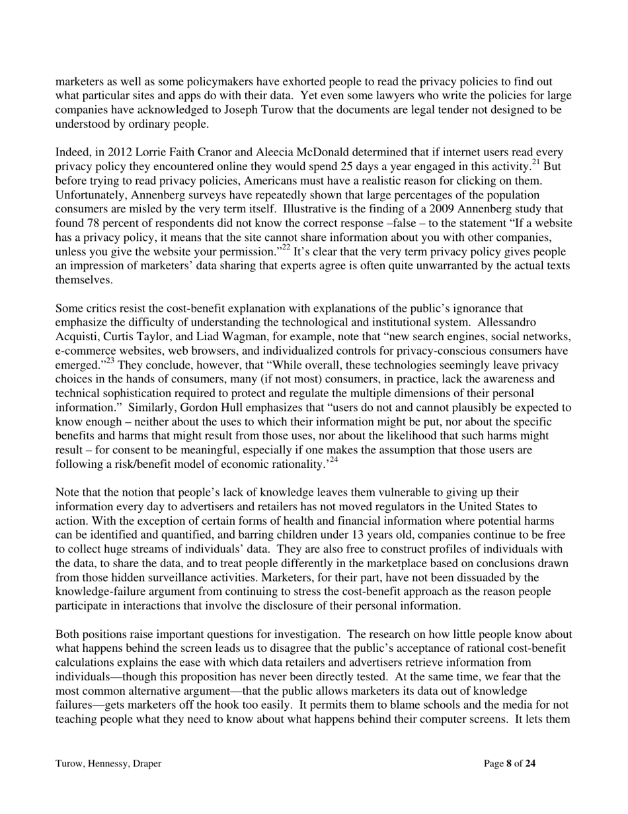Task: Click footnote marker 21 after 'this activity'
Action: (537, 163)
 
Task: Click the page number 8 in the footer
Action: (509, 764)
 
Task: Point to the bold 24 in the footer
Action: (530, 764)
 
